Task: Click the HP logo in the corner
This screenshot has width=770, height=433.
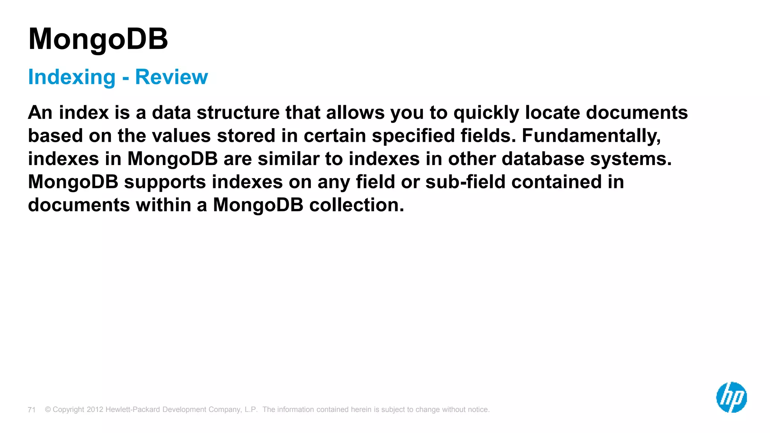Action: coord(731,397)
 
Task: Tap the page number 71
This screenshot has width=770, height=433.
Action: coord(32,410)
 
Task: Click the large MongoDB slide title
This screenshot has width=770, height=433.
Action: coord(98,39)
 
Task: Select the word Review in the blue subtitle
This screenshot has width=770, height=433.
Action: coord(171,77)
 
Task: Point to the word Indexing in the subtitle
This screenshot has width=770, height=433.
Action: coord(72,77)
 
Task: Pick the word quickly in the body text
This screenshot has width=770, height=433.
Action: coord(486,113)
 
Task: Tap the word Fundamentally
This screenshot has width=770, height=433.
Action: coord(591,136)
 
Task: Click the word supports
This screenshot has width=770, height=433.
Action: coord(165,182)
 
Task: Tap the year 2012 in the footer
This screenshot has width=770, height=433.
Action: coord(95,409)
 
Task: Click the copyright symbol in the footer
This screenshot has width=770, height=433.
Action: coord(48,409)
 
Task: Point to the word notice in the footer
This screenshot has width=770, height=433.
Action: coord(478,409)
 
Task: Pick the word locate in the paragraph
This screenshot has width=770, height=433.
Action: coord(552,113)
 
